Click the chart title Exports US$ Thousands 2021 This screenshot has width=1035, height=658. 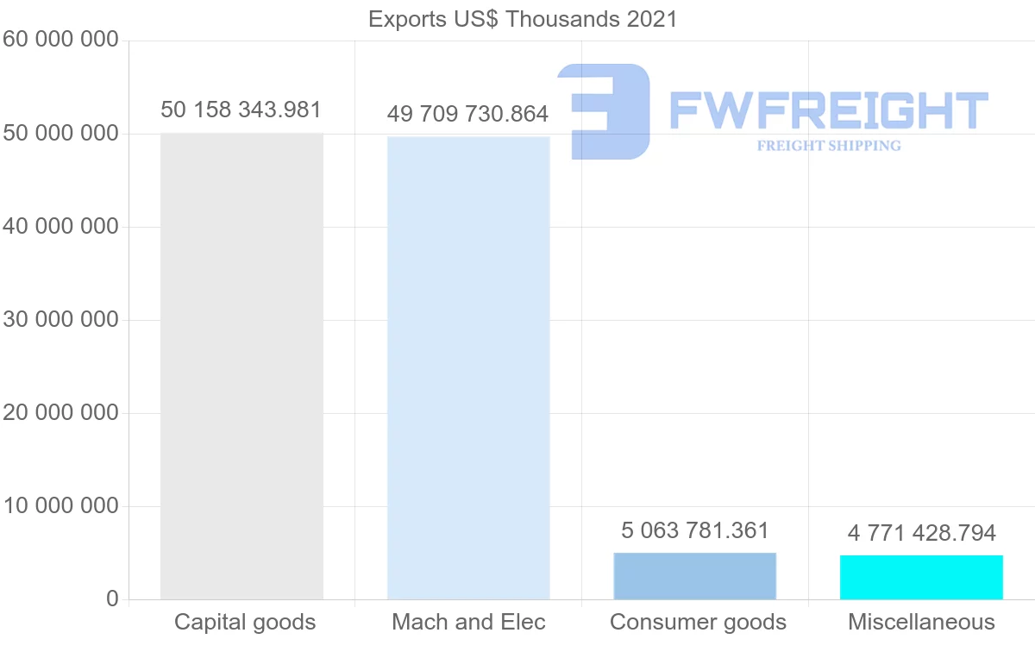523,19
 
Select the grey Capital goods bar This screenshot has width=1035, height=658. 241,367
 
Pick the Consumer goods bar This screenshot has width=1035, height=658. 695,576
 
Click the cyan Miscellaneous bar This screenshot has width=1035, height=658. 921,578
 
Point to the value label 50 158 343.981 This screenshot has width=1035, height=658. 241,110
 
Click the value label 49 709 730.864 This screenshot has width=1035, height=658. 467,114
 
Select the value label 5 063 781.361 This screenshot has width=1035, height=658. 694,530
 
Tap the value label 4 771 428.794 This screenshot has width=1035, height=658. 921,533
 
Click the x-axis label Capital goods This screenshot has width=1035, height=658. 245,622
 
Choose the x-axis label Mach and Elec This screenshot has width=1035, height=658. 468,622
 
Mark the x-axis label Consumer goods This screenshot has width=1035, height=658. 698,622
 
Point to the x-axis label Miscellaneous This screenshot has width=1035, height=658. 921,622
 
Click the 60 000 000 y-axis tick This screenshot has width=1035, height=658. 60,41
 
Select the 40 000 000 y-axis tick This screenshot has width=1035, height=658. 60,227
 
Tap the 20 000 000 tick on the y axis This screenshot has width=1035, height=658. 60,413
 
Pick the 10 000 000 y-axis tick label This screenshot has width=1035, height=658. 60,506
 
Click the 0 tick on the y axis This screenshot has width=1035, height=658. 112,599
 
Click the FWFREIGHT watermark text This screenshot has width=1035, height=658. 828,110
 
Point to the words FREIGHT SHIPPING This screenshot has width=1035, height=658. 829,146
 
